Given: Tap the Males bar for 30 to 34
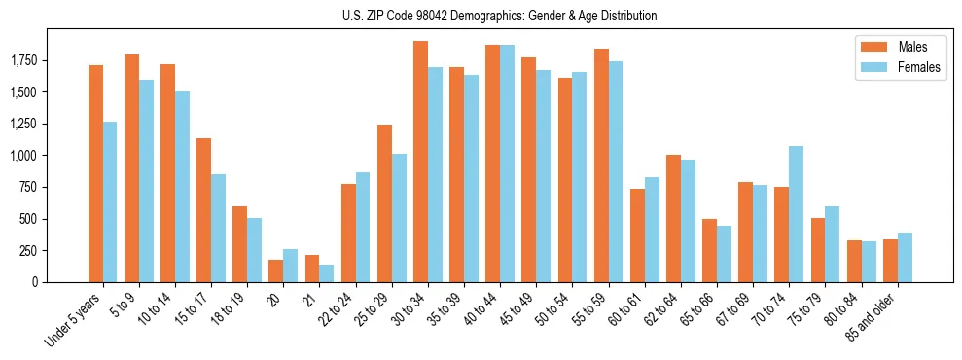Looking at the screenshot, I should [420, 162].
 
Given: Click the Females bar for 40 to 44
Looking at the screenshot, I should [508, 163].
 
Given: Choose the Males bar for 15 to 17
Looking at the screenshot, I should [203, 210].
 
